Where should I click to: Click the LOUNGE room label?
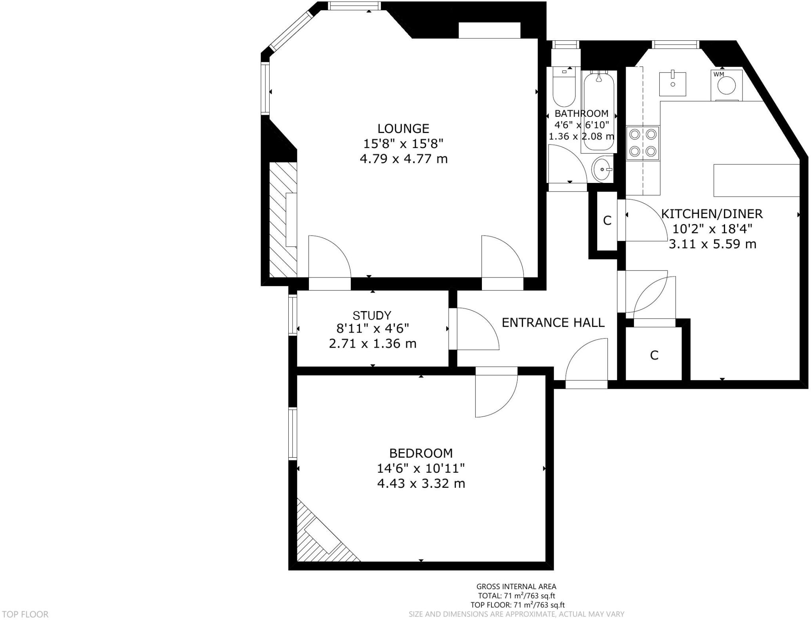(x=403, y=129)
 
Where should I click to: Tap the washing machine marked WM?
(x=727, y=85)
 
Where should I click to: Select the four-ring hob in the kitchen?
(x=642, y=143)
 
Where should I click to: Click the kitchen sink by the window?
(x=672, y=84)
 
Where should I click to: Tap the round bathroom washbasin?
(x=602, y=169)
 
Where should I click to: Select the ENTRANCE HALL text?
(x=553, y=323)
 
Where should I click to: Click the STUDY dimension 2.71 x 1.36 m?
(x=372, y=344)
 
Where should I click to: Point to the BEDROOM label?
(x=421, y=453)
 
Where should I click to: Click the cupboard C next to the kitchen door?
(x=607, y=221)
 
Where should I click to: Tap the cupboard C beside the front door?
(x=654, y=355)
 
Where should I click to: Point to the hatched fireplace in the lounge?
(x=283, y=220)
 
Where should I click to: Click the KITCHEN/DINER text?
(x=712, y=214)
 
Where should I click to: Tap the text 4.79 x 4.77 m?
(x=403, y=159)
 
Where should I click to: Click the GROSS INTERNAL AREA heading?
(x=516, y=587)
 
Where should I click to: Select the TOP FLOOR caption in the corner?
(x=25, y=614)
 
